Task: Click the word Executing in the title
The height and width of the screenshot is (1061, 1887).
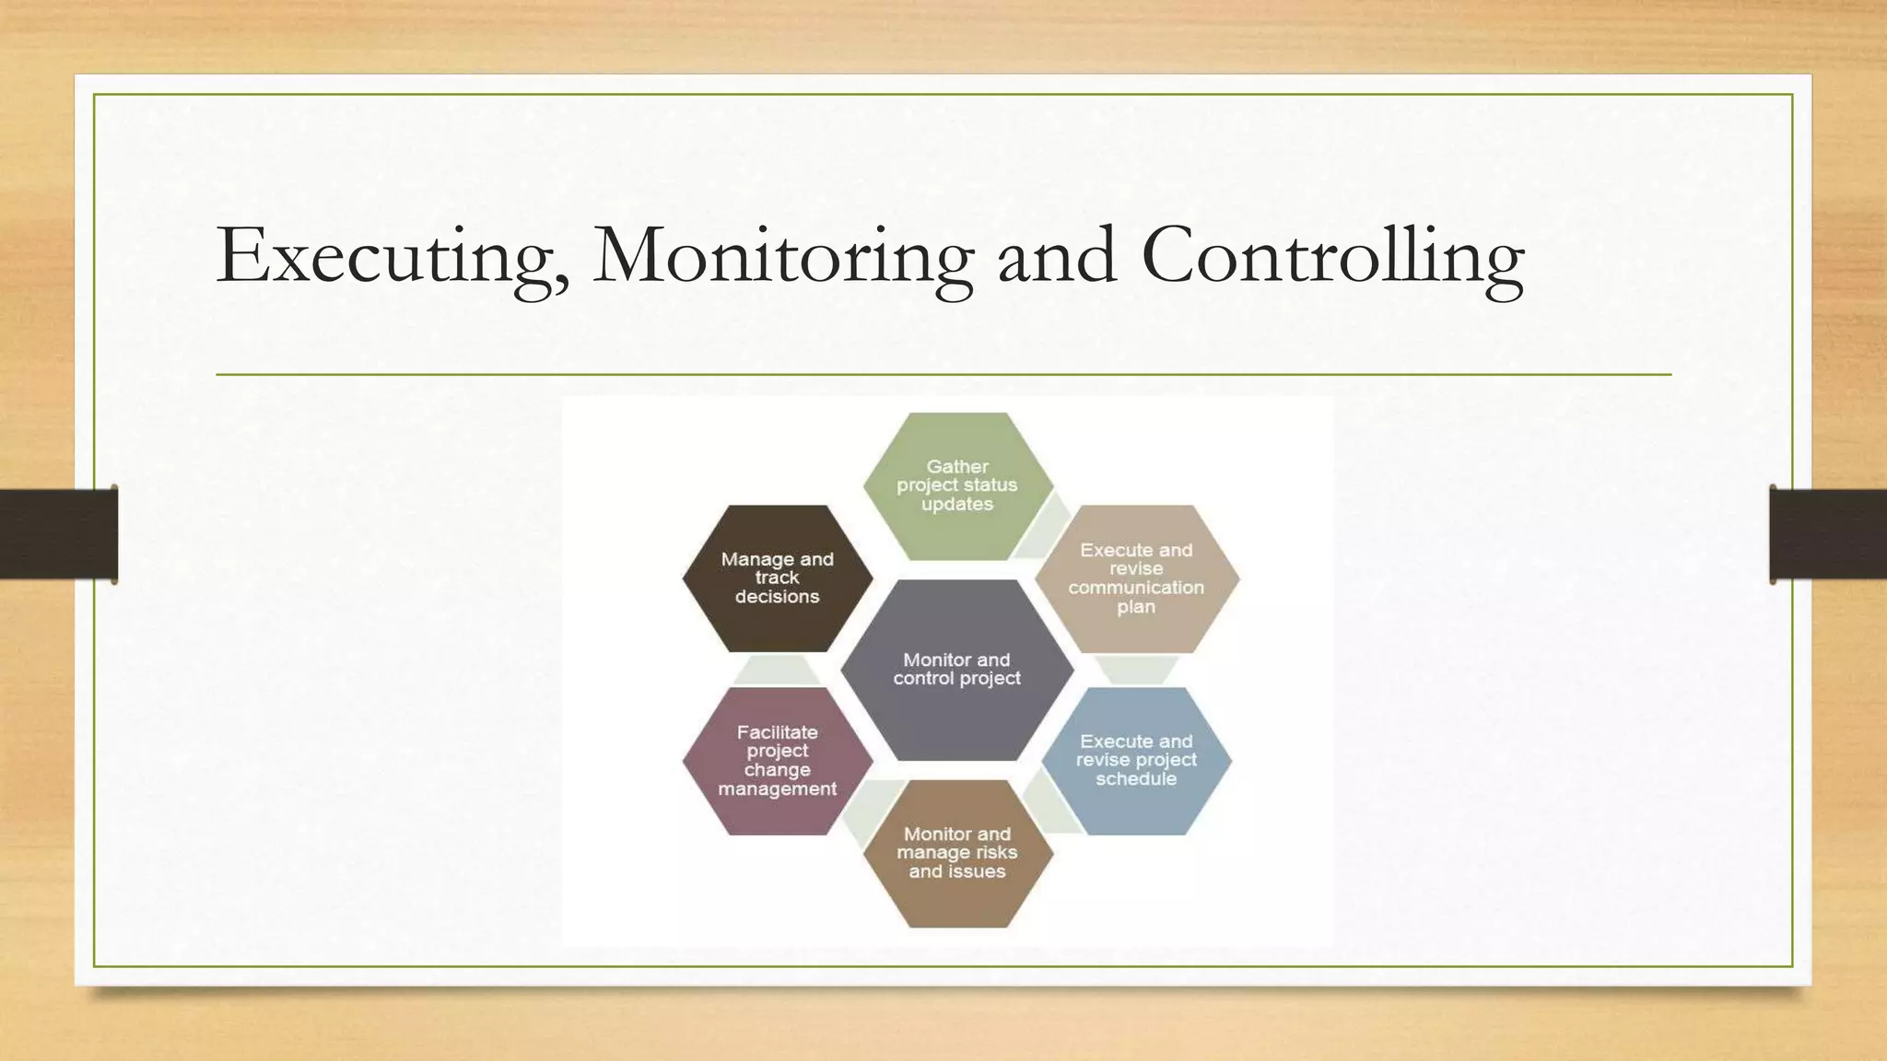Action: point(392,256)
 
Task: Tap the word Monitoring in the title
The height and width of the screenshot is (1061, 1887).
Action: point(783,256)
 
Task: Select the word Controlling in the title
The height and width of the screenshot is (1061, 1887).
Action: point(1332,256)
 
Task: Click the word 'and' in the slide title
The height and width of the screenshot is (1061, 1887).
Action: point(1058,256)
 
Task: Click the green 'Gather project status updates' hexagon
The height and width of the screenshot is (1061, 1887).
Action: point(957,485)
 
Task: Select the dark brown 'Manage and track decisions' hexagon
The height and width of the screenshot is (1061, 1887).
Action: point(777,577)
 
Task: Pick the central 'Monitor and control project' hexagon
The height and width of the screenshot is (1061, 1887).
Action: point(957,670)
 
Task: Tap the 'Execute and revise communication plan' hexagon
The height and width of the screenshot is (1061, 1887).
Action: point(1136,577)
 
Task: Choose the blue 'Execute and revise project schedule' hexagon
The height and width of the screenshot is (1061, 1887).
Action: point(1136,760)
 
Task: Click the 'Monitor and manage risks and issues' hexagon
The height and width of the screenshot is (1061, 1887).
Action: point(957,853)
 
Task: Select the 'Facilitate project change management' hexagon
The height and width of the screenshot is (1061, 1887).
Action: point(777,760)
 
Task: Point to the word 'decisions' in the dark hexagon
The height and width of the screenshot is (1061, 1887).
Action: point(777,597)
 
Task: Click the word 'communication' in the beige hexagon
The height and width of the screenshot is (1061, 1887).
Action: point(1136,588)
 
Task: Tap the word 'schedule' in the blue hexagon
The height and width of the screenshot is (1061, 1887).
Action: point(1136,779)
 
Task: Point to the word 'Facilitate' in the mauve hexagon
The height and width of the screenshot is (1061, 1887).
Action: point(777,732)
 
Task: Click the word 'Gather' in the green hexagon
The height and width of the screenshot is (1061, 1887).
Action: point(957,467)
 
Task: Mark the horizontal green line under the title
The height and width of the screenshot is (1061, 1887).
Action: point(943,375)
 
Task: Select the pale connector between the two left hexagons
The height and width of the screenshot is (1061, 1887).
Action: point(777,670)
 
